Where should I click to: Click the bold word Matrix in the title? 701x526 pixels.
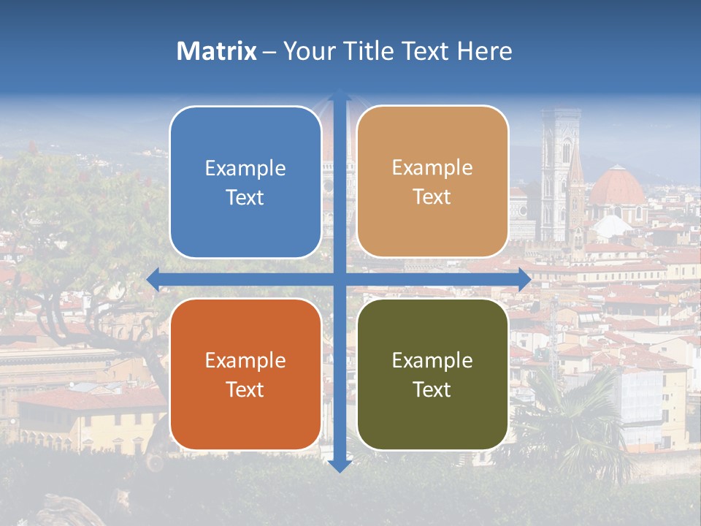pyautogui.click(x=217, y=51)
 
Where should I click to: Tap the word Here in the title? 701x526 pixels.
pyautogui.click(x=485, y=51)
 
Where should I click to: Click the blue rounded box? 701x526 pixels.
pyautogui.click(x=245, y=183)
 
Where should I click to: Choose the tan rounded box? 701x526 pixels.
pyautogui.click(x=432, y=183)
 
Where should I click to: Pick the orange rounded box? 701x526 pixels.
pyautogui.click(x=245, y=374)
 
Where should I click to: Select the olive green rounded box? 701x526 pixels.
pyautogui.click(x=432, y=374)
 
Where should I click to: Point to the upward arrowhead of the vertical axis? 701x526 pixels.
pyautogui.click(x=340, y=96)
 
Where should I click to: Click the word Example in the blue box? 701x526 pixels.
pyautogui.click(x=245, y=169)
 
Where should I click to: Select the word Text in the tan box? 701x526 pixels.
pyautogui.click(x=432, y=197)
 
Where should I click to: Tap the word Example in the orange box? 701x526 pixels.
pyautogui.click(x=245, y=360)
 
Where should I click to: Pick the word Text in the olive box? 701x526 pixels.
pyautogui.click(x=432, y=389)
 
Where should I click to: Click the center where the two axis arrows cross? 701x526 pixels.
pyautogui.click(x=340, y=279)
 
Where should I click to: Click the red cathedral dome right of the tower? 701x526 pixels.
pyautogui.click(x=617, y=186)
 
